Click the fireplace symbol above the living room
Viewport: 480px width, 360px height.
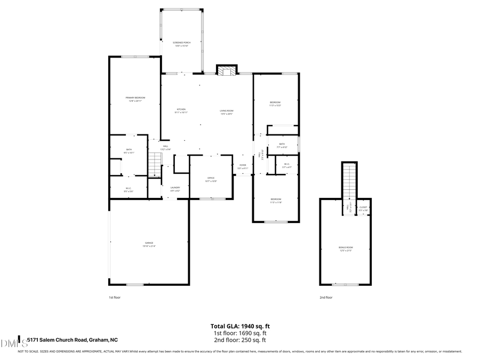(x=227, y=71)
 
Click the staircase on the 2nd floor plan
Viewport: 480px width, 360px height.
(x=349, y=181)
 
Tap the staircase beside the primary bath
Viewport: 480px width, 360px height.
(x=154, y=164)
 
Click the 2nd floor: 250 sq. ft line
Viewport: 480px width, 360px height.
(x=239, y=340)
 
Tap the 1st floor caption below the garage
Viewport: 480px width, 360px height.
(x=115, y=297)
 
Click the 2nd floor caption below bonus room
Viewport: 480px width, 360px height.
(x=326, y=297)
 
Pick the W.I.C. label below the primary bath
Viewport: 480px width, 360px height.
(x=129, y=189)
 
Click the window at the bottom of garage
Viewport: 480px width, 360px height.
(x=134, y=284)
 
